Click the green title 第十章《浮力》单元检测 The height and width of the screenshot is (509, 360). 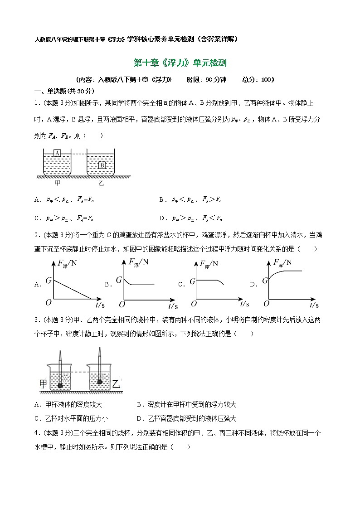pos(180,63)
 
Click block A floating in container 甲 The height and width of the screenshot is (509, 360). pos(58,153)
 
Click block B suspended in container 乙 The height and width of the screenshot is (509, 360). pos(102,165)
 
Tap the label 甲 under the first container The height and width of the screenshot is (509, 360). pos(58,184)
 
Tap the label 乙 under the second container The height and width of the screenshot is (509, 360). pos(100,184)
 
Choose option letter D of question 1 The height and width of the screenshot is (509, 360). pos(162,218)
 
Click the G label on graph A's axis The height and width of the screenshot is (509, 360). pos(48,281)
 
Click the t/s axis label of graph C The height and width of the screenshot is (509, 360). pos(245,303)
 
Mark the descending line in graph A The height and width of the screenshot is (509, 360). pos(73,290)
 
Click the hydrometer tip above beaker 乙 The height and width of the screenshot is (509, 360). pos(100,350)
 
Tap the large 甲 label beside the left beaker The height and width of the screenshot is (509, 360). pos(43,384)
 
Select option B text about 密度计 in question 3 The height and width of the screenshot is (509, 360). pos(186,405)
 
